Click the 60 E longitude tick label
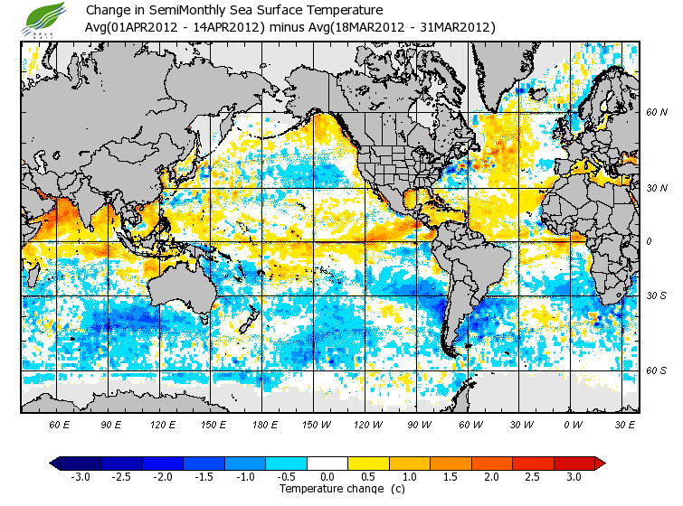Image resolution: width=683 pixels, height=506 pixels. (x=60, y=424)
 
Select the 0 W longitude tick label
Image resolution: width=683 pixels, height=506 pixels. (x=572, y=424)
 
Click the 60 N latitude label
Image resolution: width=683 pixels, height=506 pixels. (x=656, y=112)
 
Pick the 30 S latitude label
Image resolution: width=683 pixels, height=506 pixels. (x=656, y=295)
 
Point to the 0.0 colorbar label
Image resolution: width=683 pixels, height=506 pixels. (x=327, y=477)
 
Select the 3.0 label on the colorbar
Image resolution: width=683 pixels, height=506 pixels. (x=574, y=477)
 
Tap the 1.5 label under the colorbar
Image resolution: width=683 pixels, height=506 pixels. (x=450, y=477)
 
